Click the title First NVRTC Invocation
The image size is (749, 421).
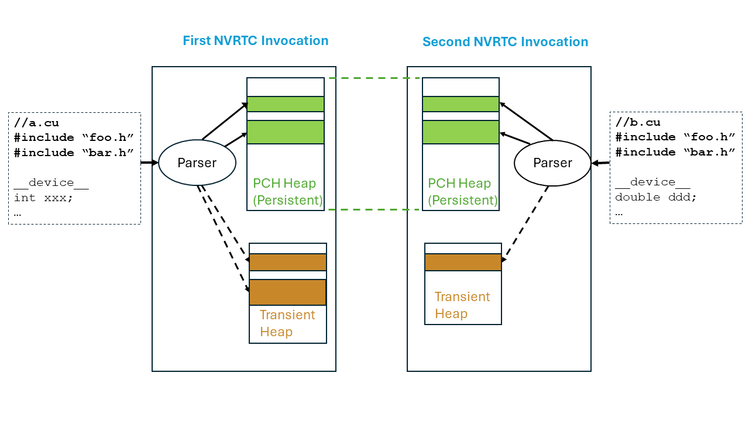click(255, 41)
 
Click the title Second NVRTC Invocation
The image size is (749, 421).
click(505, 42)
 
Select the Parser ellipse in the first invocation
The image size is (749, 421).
click(197, 163)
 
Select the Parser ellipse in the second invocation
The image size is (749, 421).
click(552, 163)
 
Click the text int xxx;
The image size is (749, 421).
click(43, 198)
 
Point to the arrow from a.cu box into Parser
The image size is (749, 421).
click(150, 162)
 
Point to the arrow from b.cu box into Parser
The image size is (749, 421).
click(600, 163)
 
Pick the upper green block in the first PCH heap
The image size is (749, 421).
click(286, 104)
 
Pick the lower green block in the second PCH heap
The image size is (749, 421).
click(461, 132)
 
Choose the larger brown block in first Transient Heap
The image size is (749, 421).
click(287, 292)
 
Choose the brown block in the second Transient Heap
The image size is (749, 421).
click(463, 262)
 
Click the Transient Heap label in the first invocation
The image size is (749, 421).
click(287, 323)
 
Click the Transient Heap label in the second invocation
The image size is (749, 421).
click(462, 305)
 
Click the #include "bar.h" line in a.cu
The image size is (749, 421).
click(74, 153)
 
